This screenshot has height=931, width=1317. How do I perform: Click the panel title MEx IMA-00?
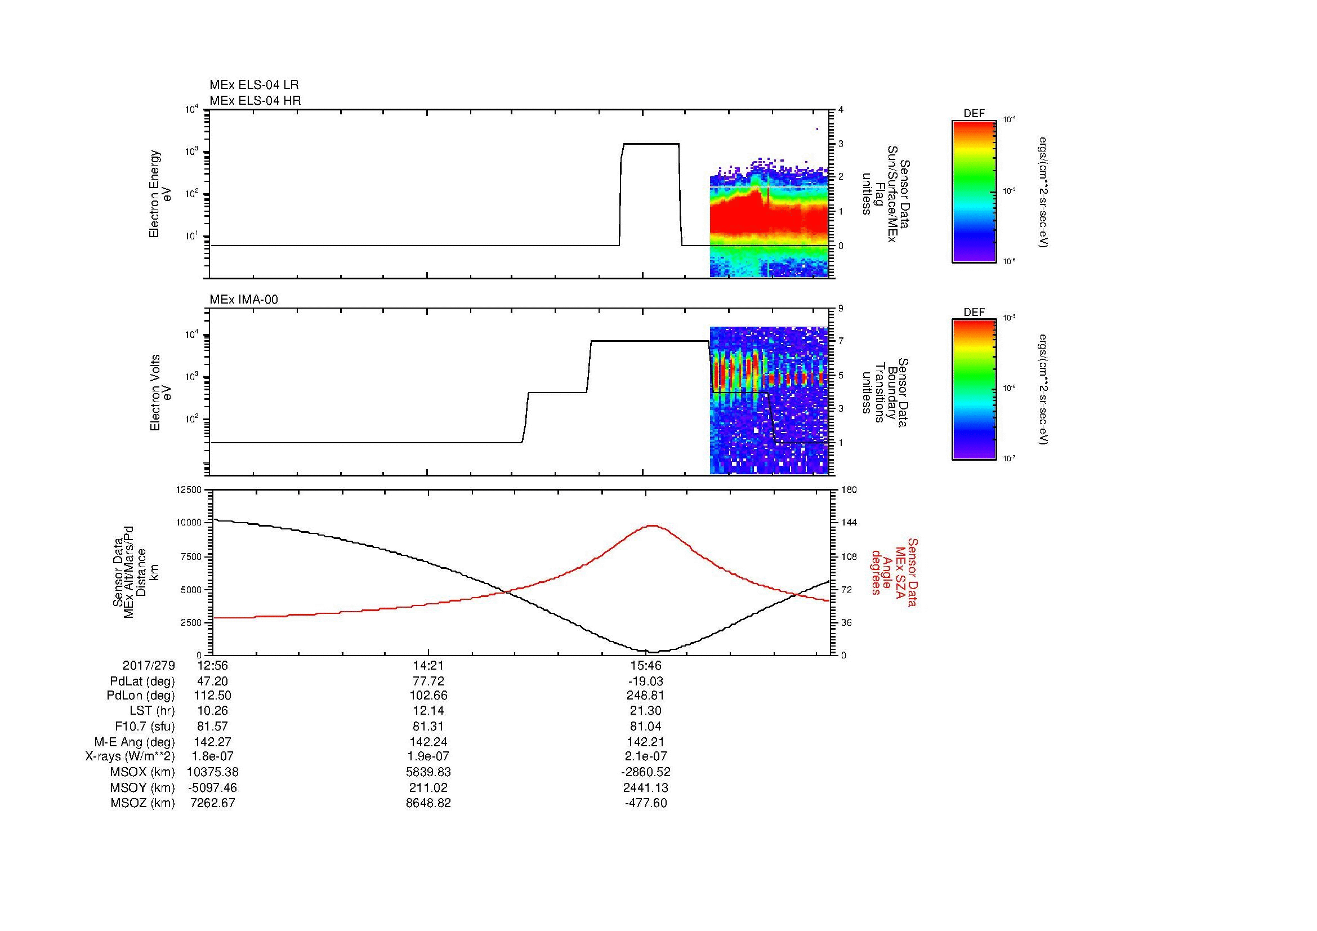(243, 300)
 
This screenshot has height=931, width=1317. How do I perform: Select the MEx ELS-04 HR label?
(255, 100)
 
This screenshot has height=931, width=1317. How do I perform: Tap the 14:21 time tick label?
(428, 665)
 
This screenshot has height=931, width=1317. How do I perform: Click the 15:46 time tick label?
(646, 665)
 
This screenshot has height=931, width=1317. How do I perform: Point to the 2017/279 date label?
(149, 665)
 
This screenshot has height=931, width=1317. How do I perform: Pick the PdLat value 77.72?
(428, 681)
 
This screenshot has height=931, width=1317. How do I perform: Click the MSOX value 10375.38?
(212, 772)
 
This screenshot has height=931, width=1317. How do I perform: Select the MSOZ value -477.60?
(646, 803)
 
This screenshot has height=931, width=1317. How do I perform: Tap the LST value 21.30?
(646, 711)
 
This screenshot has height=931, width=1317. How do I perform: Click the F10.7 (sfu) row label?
(145, 726)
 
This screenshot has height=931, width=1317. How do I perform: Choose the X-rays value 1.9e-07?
(428, 756)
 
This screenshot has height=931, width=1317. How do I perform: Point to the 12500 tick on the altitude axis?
(189, 489)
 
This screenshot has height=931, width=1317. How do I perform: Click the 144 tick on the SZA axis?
(849, 523)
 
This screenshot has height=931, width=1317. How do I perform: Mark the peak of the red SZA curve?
(653, 525)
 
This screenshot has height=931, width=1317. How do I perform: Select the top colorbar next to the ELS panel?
(974, 191)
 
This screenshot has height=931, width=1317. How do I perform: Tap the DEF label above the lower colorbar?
(974, 313)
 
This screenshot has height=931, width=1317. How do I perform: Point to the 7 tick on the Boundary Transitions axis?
(841, 341)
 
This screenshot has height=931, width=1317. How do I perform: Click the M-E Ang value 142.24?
(428, 741)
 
